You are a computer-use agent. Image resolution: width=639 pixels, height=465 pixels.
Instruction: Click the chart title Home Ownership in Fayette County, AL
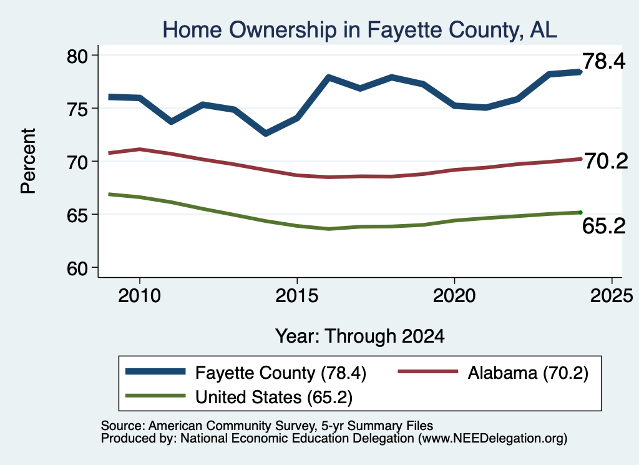click(x=360, y=30)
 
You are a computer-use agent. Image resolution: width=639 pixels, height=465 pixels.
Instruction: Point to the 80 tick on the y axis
click(x=77, y=56)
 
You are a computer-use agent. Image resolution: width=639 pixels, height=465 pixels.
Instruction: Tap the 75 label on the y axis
click(x=77, y=109)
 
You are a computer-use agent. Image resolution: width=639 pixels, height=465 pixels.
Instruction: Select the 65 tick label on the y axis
click(x=77, y=215)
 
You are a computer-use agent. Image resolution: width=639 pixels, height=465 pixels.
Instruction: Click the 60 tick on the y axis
click(x=77, y=268)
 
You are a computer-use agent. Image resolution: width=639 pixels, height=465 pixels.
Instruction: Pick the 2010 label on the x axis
click(x=139, y=295)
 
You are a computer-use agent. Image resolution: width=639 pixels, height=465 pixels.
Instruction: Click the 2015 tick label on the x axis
click(x=296, y=295)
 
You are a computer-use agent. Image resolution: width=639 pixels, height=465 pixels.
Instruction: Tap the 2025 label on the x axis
click(x=612, y=295)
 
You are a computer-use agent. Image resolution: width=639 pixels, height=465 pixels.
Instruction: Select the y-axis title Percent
click(x=28, y=160)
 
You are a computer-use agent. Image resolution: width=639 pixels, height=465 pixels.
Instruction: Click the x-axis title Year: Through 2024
click(x=360, y=336)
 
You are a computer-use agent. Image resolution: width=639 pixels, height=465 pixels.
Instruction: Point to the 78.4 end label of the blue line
click(x=603, y=61)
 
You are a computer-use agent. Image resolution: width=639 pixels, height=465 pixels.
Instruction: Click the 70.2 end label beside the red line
click(x=607, y=162)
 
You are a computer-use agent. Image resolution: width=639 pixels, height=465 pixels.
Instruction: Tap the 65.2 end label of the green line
click(x=603, y=226)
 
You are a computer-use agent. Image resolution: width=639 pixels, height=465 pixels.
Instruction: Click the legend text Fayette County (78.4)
click(x=281, y=373)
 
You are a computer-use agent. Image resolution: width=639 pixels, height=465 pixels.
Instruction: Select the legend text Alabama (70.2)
click(x=528, y=373)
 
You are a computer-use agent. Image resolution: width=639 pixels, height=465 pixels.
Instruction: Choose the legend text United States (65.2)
click(x=274, y=398)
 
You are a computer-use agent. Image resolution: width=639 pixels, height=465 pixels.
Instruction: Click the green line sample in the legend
click(x=155, y=396)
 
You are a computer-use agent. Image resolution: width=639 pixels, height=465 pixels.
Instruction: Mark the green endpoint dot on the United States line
click(x=580, y=212)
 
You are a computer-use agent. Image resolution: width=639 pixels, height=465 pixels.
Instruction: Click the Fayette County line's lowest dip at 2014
click(x=266, y=133)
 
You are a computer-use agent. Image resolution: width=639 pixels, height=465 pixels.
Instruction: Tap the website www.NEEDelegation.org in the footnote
click(x=492, y=439)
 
